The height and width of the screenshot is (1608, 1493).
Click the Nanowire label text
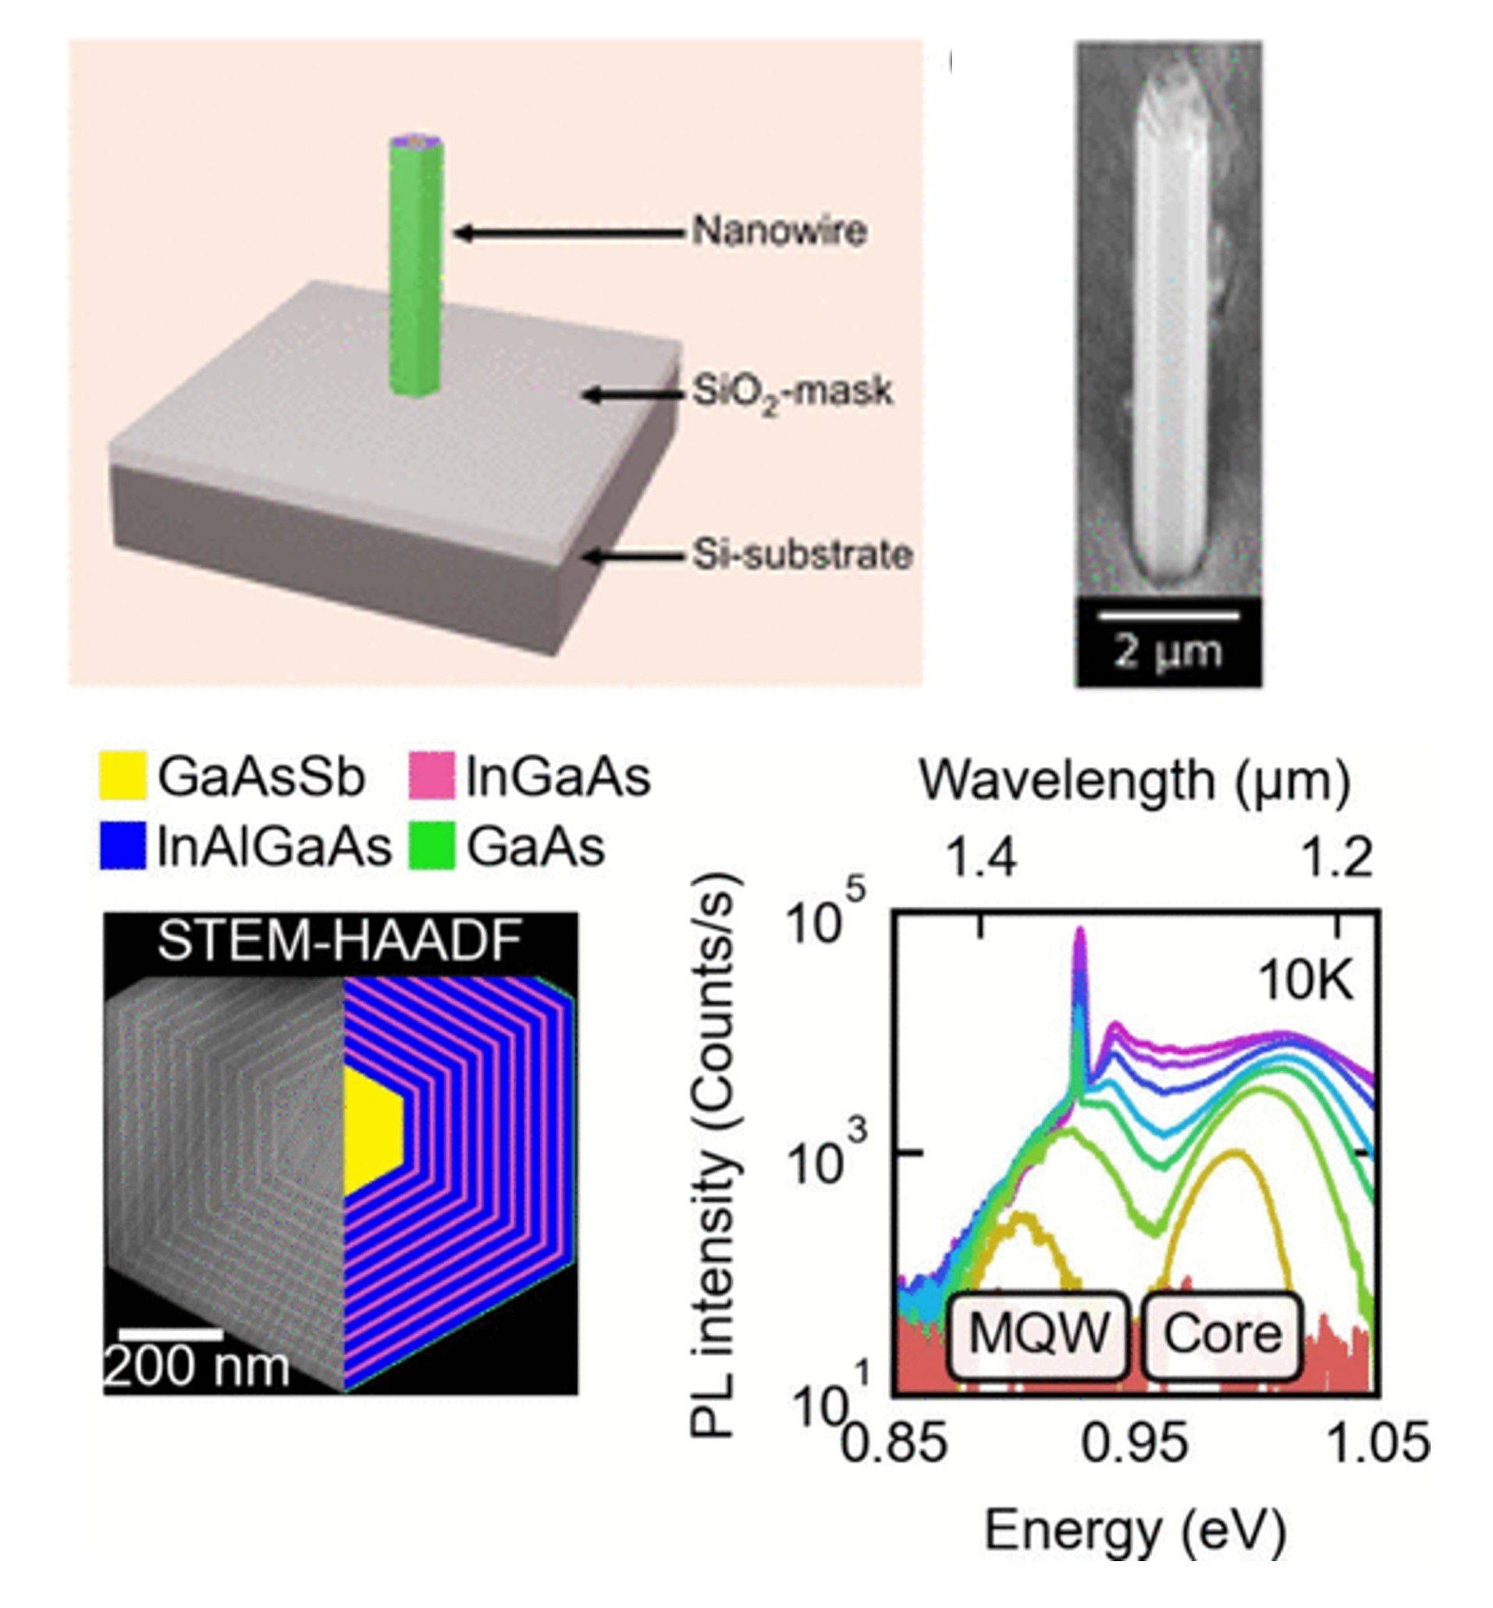click(x=780, y=232)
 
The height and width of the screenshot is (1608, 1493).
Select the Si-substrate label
click(x=802, y=555)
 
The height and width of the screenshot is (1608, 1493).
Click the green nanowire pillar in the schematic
click(x=415, y=267)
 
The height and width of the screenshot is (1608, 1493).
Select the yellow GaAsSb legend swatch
click(x=123, y=776)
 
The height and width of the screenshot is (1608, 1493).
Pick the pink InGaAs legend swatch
click(x=432, y=776)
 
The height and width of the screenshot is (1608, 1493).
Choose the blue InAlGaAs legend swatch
click(x=123, y=846)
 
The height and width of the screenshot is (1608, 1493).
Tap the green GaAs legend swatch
click(x=432, y=846)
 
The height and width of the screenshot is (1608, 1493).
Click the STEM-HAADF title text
click(x=339, y=941)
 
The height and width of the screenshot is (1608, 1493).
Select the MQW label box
click(x=1037, y=1333)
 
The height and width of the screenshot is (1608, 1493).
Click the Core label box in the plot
click(x=1221, y=1333)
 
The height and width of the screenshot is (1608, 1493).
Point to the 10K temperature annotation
click(x=1306, y=982)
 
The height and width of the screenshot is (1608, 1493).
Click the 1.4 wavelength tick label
click(x=981, y=857)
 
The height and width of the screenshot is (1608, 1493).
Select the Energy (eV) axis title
click(x=1134, y=1531)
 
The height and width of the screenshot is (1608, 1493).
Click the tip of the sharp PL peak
click(x=1080, y=932)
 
